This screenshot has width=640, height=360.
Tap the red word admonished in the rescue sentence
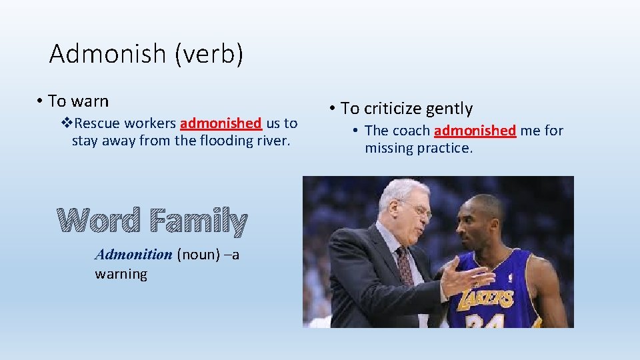click(x=221, y=123)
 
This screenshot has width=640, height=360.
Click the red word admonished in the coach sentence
click(x=475, y=131)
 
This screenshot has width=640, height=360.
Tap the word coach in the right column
click(x=411, y=131)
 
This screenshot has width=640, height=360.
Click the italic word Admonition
click(x=133, y=254)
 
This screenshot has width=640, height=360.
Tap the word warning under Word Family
click(x=121, y=273)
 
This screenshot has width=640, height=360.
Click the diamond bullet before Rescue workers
click(x=65, y=123)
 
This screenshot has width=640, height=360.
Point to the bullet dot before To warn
click(x=41, y=102)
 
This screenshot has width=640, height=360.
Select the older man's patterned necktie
click(x=405, y=266)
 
